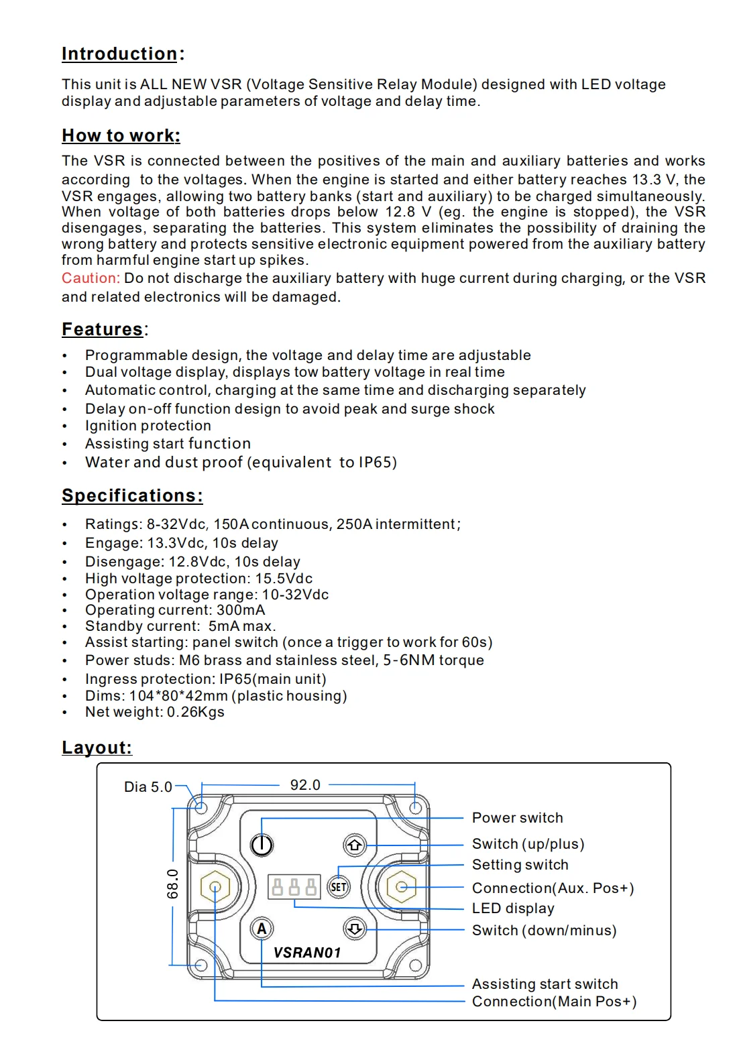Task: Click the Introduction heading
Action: (x=119, y=54)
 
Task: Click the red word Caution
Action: (x=91, y=278)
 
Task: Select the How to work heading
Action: (x=121, y=136)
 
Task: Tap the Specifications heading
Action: (x=132, y=496)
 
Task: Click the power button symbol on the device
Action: (x=262, y=845)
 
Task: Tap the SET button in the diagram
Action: (x=339, y=887)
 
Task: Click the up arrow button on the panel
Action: (x=355, y=845)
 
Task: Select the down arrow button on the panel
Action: (x=355, y=929)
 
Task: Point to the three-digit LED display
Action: (x=294, y=887)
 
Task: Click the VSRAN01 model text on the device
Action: (x=307, y=953)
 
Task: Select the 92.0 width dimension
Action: (x=305, y=785)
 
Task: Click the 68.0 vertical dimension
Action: (x=173, y=884)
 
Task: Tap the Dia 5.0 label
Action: (x=148, y=787)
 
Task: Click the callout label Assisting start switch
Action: (x=545, y=984)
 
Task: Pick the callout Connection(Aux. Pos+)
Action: (x=553, y=888)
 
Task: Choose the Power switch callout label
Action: (x=517, y=818)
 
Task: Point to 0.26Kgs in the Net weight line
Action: (x=195, y=712)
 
